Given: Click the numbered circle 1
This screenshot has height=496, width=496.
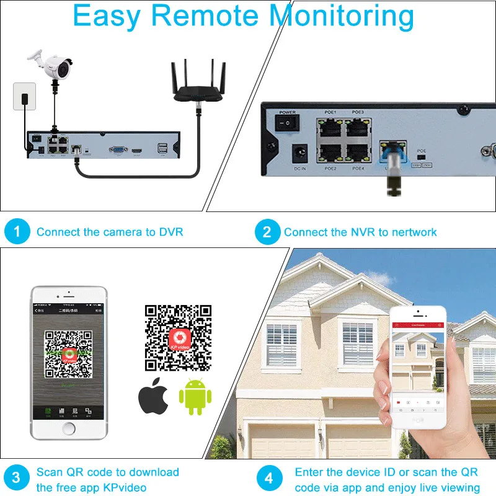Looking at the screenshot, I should point(17,232).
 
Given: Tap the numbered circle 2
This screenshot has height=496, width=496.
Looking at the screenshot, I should point(267,232).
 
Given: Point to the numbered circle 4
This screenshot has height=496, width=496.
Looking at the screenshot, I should point(268,479).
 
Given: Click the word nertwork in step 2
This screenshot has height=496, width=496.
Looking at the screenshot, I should point(414,232).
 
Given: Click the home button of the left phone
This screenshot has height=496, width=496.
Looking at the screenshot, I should point(69,428).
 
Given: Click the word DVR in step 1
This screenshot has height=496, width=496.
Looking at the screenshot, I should point(171,232).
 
